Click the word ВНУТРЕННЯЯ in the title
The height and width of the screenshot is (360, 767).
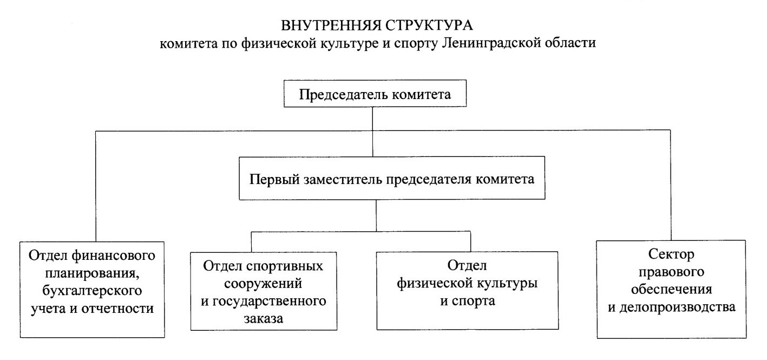pyautogui.click(x=331, y=25)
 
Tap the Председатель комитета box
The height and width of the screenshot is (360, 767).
pyautogui.click(x=375, y=94)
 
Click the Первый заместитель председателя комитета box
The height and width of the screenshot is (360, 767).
pyautogui.click(x=392, y=178)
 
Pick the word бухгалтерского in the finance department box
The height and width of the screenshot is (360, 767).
pyautogui.click(x=92, y=291)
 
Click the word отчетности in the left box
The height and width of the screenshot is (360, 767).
pyautogui.click(x=117, y=308)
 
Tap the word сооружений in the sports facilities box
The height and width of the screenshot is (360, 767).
pyautogui.click(x=263, y=284)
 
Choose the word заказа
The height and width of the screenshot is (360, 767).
pyautogui.click(x=263, y=318)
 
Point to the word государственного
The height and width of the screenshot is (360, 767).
pyautogui.click(x=269, y=302)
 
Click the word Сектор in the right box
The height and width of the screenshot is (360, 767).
pyautogui.click(x=671, y=254)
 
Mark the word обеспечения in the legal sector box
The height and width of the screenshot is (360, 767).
pyautogui.click(x=672, y=290)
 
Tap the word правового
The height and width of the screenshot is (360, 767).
pyautogui.click(x=671, y=272)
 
